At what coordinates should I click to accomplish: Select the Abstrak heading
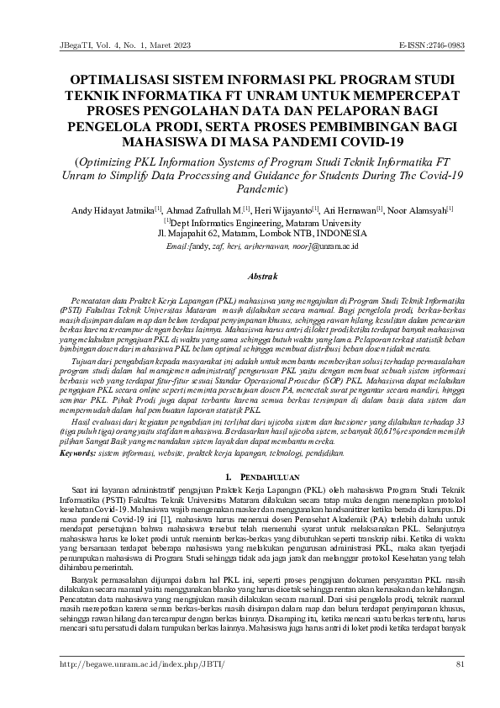250,275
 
